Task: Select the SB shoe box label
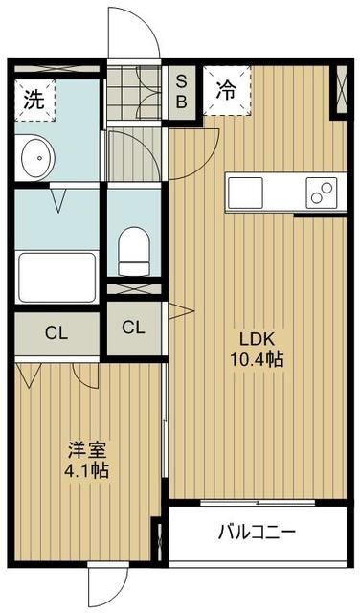[x=179, y=91]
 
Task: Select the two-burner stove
[x=318, y=191]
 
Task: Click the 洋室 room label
[x=81, y=448]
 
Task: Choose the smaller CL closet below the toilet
[x=133, y=328]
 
